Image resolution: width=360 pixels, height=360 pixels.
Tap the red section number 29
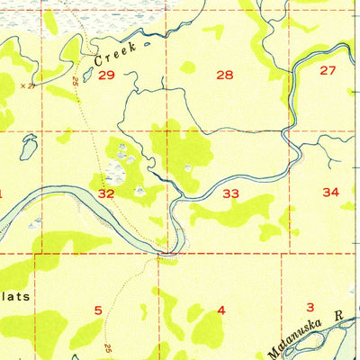coord(106,76)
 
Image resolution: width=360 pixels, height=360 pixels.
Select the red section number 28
coord(225,76)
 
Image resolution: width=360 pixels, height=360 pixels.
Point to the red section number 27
coord(327,70)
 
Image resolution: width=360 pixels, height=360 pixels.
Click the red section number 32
coord(106,193)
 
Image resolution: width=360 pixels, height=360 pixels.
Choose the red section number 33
coord(231,193)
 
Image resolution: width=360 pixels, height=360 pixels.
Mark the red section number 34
coord(330,192)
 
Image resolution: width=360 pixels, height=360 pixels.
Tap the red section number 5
coord(97,310)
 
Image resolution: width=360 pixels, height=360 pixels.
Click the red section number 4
coord(220,310)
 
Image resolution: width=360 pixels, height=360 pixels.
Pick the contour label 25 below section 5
coord(107,347)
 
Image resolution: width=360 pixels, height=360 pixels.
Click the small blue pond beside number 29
coord(88,76)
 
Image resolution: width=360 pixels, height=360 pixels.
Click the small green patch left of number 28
coord(187,67)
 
